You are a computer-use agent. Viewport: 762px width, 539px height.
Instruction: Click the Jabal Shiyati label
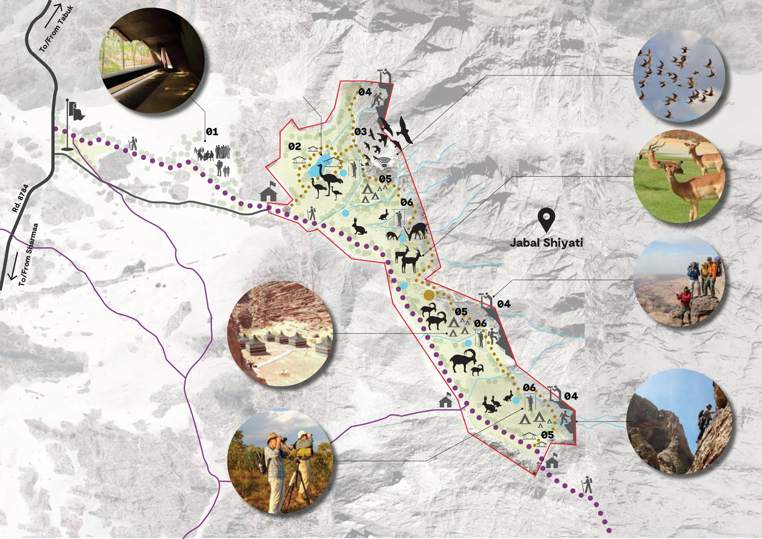coord(546,243)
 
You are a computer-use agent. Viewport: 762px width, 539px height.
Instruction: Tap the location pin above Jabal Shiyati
coord(546,220)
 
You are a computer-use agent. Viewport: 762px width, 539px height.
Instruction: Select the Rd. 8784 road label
coord(21,198)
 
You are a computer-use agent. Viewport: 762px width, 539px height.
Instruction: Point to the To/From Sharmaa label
coord(28,255)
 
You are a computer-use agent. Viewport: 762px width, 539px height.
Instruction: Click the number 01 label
coord(212,132)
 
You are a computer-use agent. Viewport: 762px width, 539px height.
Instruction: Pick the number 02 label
coord(294,146)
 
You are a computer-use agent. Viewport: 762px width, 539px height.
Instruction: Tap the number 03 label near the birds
coord(360,132)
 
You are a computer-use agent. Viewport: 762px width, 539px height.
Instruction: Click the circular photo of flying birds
coord(679,75)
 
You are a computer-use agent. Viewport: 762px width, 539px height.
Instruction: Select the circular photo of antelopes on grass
coord(679,176)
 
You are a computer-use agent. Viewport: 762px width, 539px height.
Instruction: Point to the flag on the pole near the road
coord(76,111)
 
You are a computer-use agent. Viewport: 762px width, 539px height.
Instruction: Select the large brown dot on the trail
coord(429,295)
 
